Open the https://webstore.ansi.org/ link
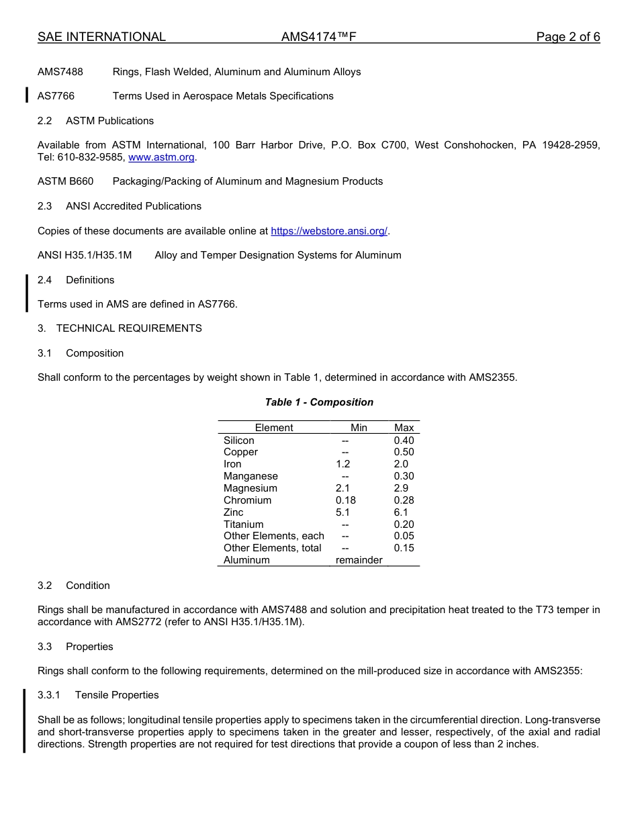click(x=329, y=231)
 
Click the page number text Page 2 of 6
click(x=567, y=37)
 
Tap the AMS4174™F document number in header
click(x=318, y=37)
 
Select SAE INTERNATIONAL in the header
click(x=101, y=37)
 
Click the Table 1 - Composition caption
click(x=319, y=402)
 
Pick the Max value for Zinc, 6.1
click(x=401, y=512)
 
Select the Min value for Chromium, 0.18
click(x=346, y=500)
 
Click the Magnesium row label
click(x=250, y=488)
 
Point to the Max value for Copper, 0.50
click(x=404, y=452)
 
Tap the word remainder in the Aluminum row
click(x=359, y=560)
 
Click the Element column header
click(x=274, y=428)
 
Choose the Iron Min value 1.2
click(x=343, y=464)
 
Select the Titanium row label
click(x=243, y=524)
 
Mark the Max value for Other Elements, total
click(x=404, y=548)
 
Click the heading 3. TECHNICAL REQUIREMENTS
click(x=120, y=328)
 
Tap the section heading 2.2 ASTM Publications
click(x=96, y=121)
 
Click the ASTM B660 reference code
click(x=66, y=181)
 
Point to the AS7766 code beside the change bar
click(x=56, y=96)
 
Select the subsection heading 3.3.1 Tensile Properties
click(x=98, y=695)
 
